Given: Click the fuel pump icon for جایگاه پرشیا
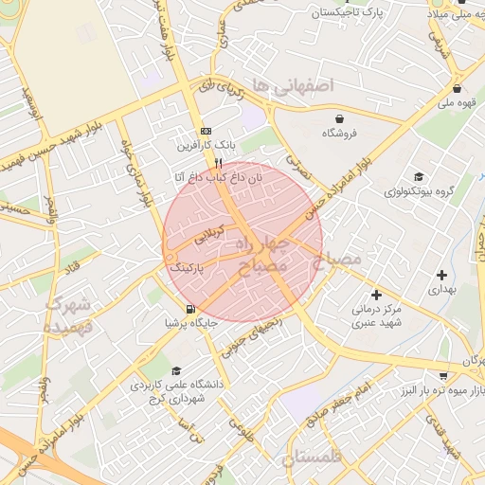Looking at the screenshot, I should coord(192,309).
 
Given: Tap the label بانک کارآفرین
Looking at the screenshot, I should coord(202,146).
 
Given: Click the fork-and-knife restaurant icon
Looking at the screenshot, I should coord(219,163).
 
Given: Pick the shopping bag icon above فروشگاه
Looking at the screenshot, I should coord(339,118).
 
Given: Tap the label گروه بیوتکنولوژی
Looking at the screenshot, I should coord(420,191).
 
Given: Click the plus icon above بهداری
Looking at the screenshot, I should coord(441,275).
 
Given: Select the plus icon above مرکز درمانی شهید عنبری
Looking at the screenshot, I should coord(376,295).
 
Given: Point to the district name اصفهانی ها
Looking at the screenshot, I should coord(302,86).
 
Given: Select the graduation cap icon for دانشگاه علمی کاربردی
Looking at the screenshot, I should coord(175,371).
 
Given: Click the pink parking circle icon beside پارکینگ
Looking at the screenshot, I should coord(170,257).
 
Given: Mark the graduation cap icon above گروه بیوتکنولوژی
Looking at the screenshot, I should coord(419,176).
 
